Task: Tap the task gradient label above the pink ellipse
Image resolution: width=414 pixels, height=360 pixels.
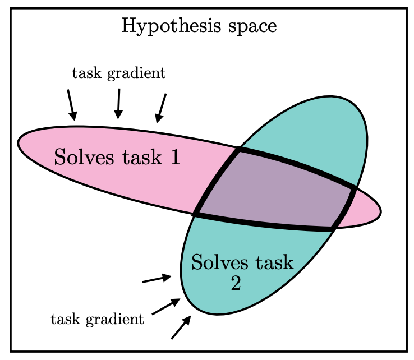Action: (119, 73)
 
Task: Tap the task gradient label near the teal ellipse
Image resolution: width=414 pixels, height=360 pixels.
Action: (97, 320)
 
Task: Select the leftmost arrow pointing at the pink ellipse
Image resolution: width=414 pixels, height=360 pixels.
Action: (71, 105)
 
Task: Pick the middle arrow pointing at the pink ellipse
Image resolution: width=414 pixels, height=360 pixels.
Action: (118, 103)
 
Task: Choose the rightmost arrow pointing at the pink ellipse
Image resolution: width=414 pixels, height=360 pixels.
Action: (162, 108)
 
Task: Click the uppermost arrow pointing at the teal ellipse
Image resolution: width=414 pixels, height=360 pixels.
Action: (157, 279)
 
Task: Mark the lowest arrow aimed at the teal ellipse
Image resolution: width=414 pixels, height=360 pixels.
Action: (181, 327)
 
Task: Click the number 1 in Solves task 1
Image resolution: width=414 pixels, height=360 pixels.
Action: (174, 158)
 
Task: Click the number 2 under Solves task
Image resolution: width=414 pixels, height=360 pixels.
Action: (236, 284)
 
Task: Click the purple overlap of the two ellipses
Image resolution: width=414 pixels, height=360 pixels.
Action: (275, 191)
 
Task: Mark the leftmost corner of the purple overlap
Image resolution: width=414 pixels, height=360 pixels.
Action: (196, 214)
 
